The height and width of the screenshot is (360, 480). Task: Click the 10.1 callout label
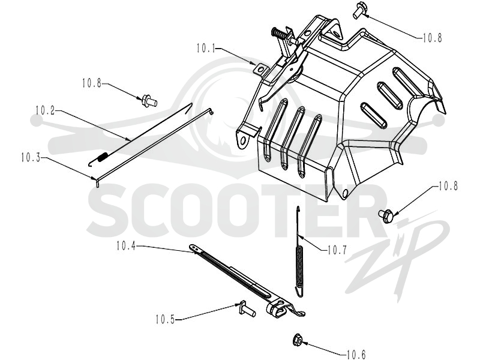206,49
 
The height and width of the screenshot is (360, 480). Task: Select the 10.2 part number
45,110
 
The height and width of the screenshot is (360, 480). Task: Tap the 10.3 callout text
31,158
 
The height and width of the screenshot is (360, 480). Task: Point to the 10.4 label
125,246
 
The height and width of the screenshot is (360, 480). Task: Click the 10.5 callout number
165,320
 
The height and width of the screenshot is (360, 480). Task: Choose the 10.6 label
356,355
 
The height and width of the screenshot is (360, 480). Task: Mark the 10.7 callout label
337,250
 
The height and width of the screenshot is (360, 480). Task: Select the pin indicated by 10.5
247,309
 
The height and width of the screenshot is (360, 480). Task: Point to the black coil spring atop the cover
279,33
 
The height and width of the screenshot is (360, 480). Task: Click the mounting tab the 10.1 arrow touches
259,69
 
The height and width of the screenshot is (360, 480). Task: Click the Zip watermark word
398,257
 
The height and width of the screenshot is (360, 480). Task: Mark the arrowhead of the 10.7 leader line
301,236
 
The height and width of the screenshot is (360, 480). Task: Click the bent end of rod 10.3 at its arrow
97,182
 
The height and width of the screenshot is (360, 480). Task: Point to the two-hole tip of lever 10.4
194,248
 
